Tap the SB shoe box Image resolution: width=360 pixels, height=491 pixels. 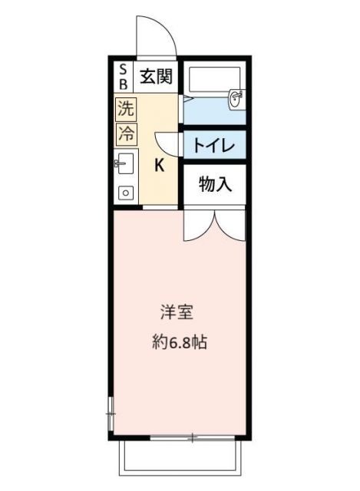121,77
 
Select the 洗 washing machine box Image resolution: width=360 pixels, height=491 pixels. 124,108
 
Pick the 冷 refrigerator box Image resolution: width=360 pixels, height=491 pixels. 124,133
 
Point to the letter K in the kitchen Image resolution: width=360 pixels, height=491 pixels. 160,165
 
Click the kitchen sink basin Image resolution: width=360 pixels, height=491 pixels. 125,163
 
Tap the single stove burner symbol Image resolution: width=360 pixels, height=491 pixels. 124,193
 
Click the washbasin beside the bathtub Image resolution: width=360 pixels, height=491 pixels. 236,98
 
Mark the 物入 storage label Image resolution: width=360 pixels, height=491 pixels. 214,184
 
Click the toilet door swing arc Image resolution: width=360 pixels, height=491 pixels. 167,143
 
